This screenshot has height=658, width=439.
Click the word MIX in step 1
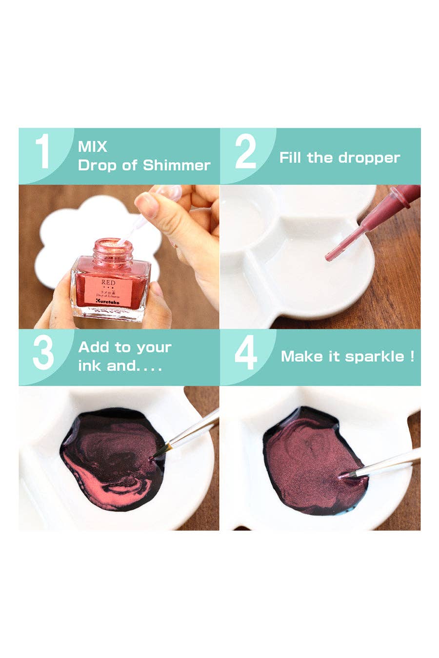click(x=92, y=147)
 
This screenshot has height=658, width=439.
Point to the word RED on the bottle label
click(x=109, y=283)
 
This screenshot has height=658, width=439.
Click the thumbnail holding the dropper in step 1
click(x=147, y=205)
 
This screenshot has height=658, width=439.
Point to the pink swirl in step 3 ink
click(x=88, y=478)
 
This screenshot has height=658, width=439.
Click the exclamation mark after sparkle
click(x=412, y=357)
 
